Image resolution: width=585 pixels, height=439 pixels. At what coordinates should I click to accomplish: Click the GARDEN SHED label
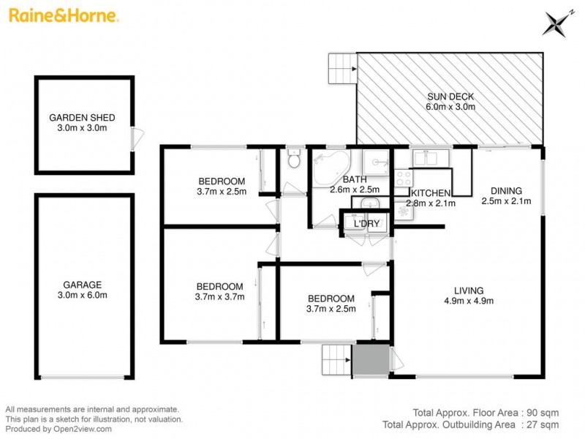point(82,117)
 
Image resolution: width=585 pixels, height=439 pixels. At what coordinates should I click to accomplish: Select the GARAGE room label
point(82,285)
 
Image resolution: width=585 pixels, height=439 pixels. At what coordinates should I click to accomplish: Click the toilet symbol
point(293,159)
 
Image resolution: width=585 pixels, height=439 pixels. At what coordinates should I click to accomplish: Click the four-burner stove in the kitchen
point(402,176)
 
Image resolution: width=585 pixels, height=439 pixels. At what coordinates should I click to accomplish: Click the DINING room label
point(505,188)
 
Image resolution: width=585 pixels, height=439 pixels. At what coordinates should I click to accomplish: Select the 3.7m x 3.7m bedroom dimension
point(220,296)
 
